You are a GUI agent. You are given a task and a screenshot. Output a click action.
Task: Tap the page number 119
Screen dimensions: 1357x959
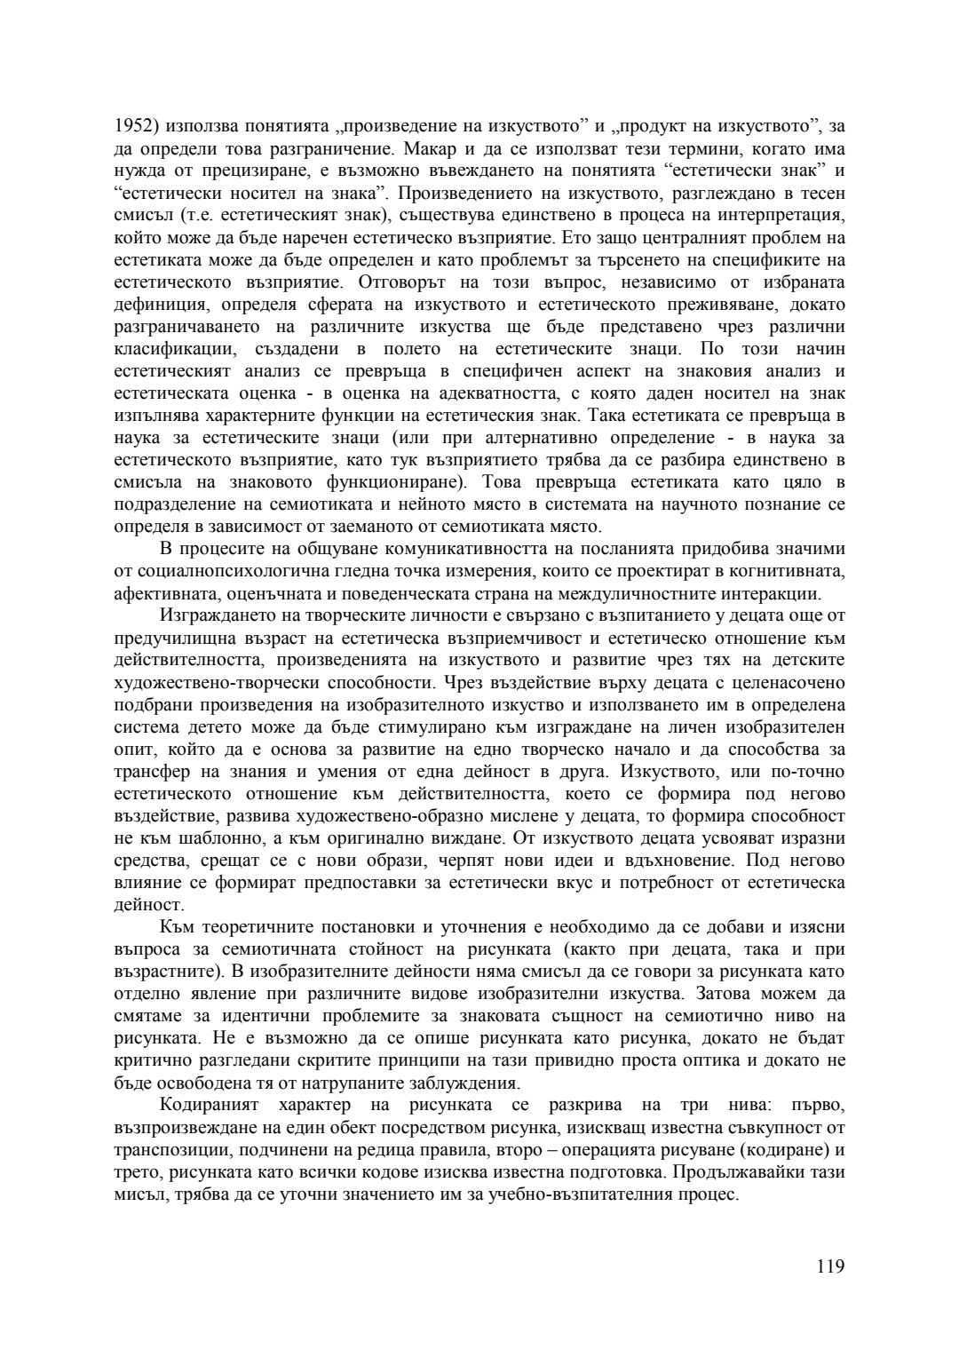830,1266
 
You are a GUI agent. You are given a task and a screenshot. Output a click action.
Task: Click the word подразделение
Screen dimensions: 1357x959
173,504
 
